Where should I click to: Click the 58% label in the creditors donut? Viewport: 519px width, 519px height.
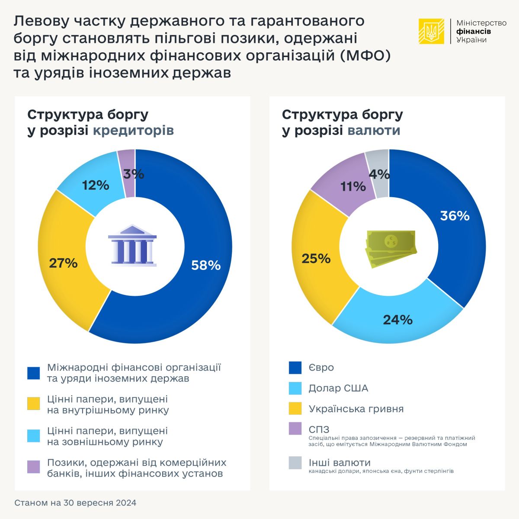pos(206,265)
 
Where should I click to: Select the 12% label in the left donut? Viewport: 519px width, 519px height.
pos(96,185)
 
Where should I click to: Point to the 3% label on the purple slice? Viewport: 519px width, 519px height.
pos(133,174)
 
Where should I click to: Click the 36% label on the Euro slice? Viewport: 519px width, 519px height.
pos(455,215)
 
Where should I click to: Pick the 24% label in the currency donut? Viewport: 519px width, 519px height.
pos(398,320)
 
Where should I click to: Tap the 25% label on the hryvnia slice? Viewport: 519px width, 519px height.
pos(316,258)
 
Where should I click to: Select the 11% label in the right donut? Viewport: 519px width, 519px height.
pos(353,186)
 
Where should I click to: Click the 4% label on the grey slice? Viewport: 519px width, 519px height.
pos(379,174)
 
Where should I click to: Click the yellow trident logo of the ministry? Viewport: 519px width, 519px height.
pos(431,31)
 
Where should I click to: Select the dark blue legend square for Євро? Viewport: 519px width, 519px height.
pos(295,368)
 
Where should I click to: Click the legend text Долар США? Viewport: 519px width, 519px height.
pos(338,388)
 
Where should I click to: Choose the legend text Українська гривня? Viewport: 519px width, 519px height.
pos(356,409)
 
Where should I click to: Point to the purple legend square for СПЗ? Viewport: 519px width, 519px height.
pos(295,429)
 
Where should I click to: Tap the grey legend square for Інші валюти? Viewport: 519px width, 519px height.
pos(295,463)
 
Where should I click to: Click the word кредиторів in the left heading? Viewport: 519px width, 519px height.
pos(134,130)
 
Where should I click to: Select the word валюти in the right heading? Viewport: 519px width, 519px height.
pos(374,130)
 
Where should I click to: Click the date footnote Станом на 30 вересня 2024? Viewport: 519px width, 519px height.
pos(75,503)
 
